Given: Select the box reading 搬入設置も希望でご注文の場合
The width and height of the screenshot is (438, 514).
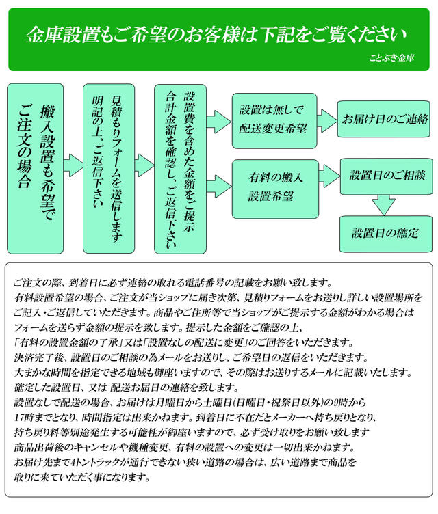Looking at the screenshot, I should pos(36,167).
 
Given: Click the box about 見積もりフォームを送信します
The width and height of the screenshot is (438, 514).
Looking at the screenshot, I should pos(109,167).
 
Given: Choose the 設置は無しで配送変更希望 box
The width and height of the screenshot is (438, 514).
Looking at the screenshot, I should pos(274,120).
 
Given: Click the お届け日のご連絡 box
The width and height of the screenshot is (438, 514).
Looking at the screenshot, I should pos(385,120).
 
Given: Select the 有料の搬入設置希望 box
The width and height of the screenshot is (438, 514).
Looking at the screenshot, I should pos(274,187).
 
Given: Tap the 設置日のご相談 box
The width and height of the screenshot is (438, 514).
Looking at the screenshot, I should pos(387,176).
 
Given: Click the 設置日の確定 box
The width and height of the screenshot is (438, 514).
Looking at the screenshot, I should pos(387,232).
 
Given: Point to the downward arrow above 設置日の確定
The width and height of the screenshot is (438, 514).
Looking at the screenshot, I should pos(383,204).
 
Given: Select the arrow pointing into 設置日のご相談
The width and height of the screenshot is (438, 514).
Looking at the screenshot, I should pos(328,178).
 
